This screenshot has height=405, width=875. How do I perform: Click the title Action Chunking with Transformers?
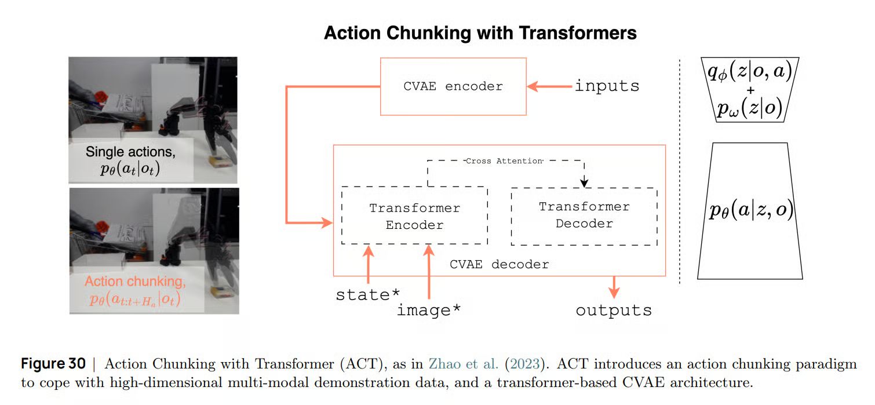480,33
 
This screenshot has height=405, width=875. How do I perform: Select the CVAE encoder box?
453,87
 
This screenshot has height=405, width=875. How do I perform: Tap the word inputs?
607,86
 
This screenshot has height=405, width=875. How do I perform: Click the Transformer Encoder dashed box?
414,215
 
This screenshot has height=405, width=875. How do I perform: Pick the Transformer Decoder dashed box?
584,216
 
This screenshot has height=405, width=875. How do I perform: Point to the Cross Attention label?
504,161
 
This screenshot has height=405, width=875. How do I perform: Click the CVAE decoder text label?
500,264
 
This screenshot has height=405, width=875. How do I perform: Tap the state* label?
367,294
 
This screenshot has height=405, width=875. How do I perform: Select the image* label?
428,310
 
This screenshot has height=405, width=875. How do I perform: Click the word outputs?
614,311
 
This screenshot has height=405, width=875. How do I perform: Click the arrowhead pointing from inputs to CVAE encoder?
533,86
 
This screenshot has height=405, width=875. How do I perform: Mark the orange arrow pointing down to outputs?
614,287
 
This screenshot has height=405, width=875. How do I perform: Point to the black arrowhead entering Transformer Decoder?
584,183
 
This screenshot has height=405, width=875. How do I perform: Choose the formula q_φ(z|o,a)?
750,72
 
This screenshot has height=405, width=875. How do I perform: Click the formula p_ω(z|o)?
750,108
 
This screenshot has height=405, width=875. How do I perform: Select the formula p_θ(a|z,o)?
752,210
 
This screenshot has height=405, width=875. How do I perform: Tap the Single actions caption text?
130,160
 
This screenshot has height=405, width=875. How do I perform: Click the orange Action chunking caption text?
135,290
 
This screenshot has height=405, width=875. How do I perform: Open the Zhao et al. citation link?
463,364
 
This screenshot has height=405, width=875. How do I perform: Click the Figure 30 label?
53,364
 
